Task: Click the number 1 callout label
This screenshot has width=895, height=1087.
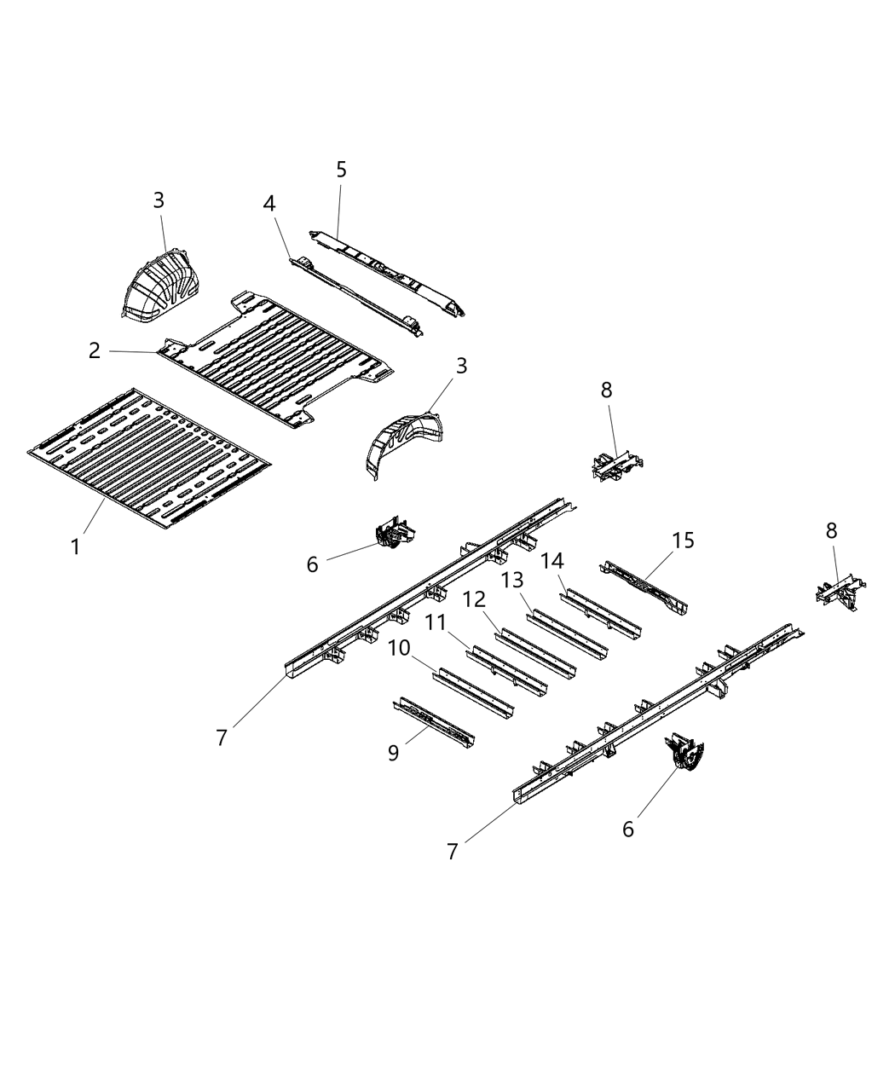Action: click(76, 546)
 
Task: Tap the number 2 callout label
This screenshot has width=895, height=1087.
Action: click(94, 350)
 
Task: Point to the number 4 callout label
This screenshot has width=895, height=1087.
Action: click(269, 204)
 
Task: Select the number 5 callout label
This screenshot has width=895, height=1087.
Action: click(341, 170)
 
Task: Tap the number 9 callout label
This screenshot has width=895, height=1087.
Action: click(393, 753)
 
